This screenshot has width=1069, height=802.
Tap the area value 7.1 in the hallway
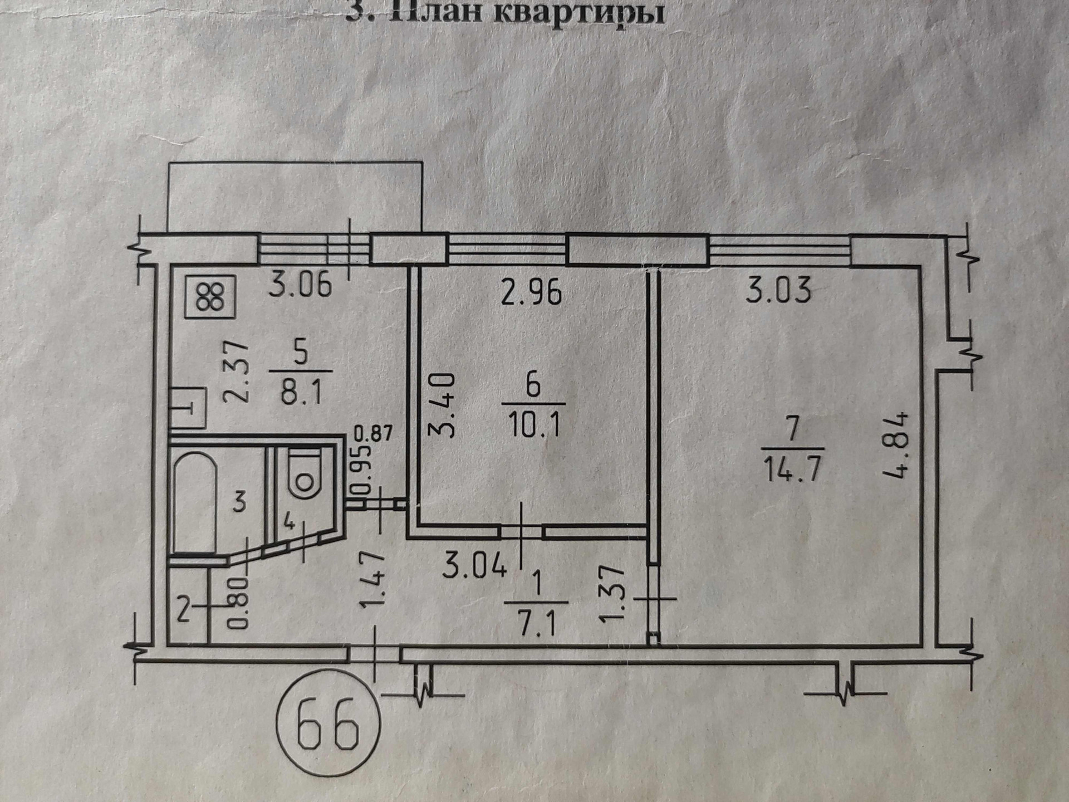pyautogui.click(x=536, y=626)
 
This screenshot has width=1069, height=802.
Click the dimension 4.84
pyautogui.click(x=897, y=446)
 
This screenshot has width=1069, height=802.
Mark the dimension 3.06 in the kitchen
pyautogui.click(x=300, y=285)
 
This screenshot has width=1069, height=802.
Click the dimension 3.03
pyautogui.click(x=778, y=291)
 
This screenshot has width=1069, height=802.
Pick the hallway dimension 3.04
pyautogui.click(x=475, y=567)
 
